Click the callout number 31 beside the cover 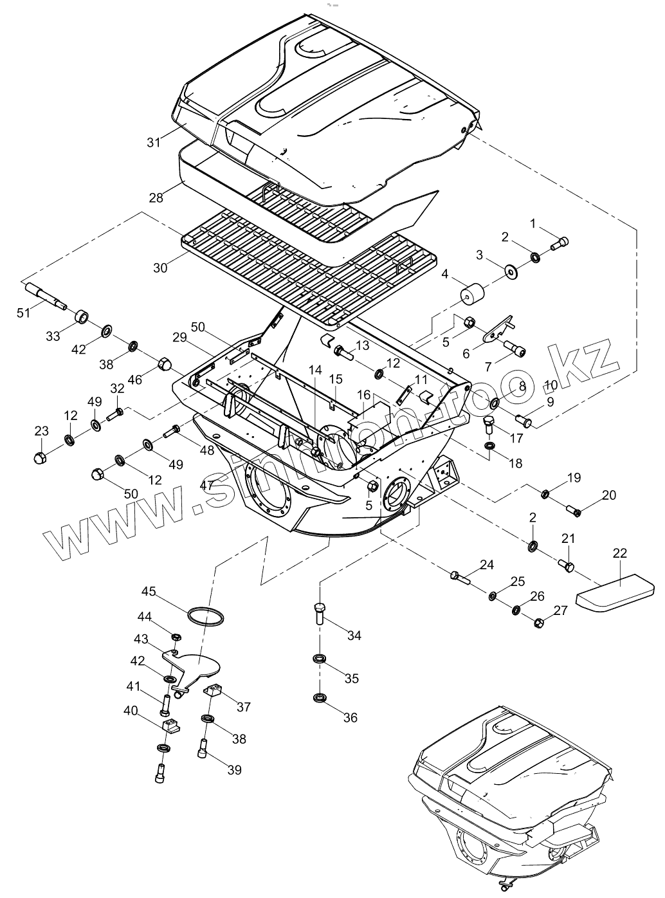tap(153, 142)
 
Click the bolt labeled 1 tap(560, 244)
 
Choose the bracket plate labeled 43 tap(193, 666)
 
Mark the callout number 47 tap(205, 485)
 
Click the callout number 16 tap(364, 394)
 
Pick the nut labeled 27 tap(540, 622)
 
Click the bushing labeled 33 tap(82, 316)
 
